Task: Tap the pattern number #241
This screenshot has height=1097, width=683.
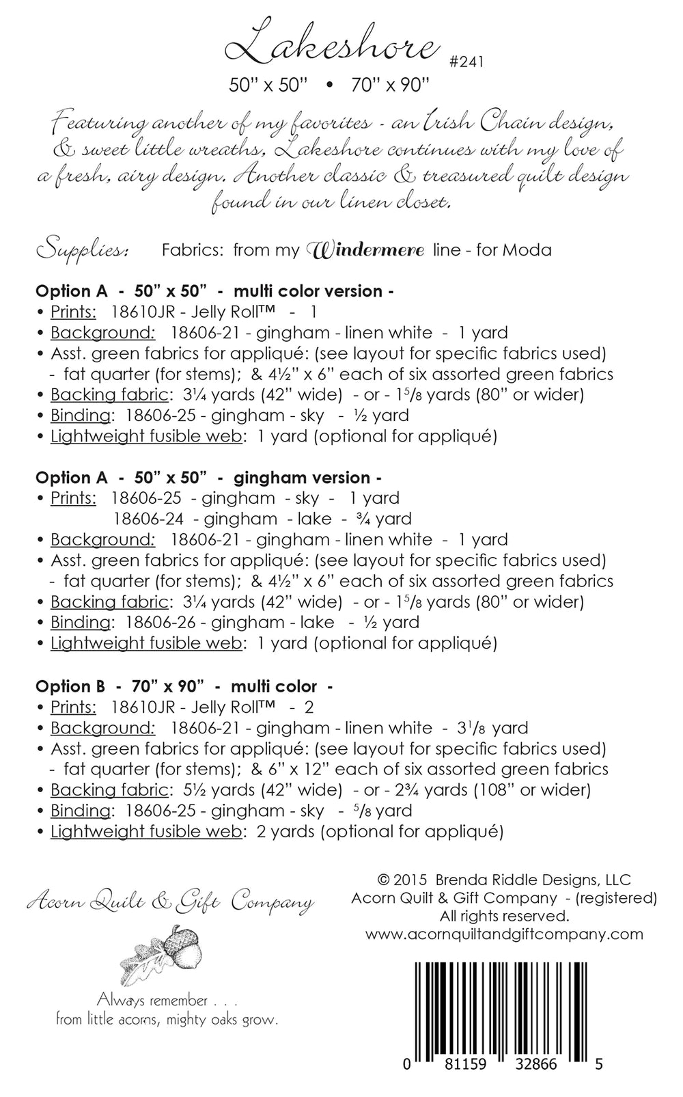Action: pos(466,62)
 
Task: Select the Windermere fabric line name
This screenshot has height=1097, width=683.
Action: pos(368,250)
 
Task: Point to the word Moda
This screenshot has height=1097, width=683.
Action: pos(527,250)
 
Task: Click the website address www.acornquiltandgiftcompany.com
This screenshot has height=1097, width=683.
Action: pos(504,934)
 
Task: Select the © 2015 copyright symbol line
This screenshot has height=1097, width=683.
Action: pos(503,880)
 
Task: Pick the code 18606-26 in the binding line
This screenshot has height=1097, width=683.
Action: pos(156,622)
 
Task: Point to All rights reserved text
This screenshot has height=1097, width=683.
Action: pos(504,916)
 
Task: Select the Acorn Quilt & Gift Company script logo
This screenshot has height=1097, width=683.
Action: pos(170,902)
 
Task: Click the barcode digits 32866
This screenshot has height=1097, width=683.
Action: pos(544,1064)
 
